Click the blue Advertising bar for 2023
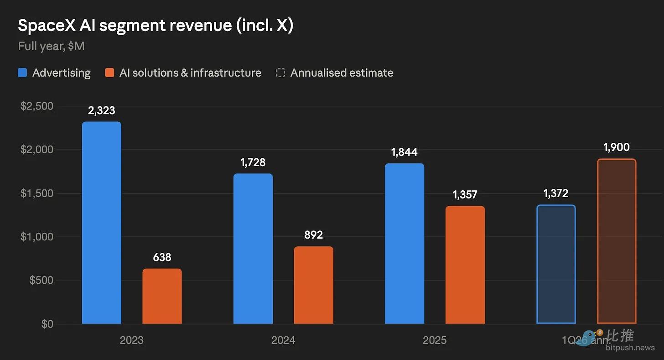(x=101, y=222)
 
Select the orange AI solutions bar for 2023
(x=162, y=296)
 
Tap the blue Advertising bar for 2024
(x=253, y=249)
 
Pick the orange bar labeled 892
(x=314, y=285)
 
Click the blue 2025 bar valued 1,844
(x=405, y=244)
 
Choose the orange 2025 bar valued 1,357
(x=465, y=265)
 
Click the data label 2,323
(x=101, y=110)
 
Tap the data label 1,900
(x=617, y=147)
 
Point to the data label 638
(x=162, y=257)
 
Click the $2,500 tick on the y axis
(x=37, y=106)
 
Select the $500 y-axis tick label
(x=41, y=280)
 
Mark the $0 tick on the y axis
(x=47, y=324)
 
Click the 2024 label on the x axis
(x=283, y=340)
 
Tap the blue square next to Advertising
(x=22, y=73)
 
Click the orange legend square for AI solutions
(x=109, y=73)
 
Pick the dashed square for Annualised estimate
(x=280, y=73)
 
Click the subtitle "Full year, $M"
(x=51, y=46)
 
